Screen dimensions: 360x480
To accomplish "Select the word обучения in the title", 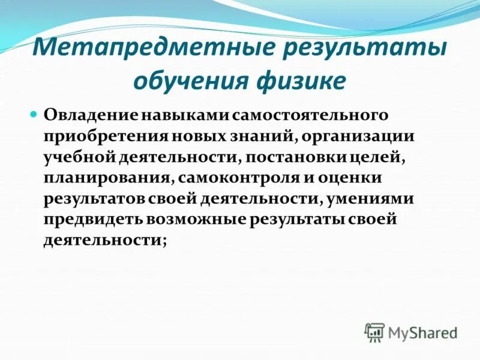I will tap(191, 80).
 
